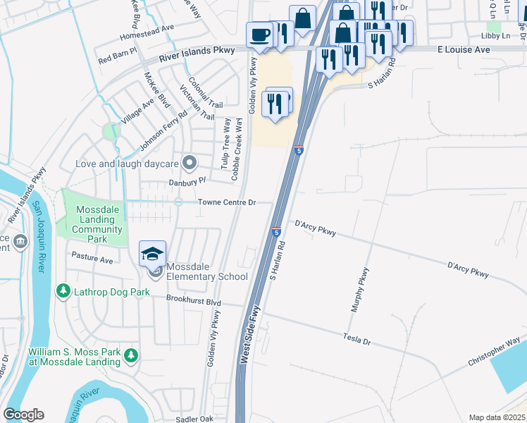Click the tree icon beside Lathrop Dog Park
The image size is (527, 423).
tap(63, 291)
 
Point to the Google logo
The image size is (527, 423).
tap(23, 414)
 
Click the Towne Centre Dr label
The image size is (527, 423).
tap(225, 202)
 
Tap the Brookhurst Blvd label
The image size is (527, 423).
tap(194, 301)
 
